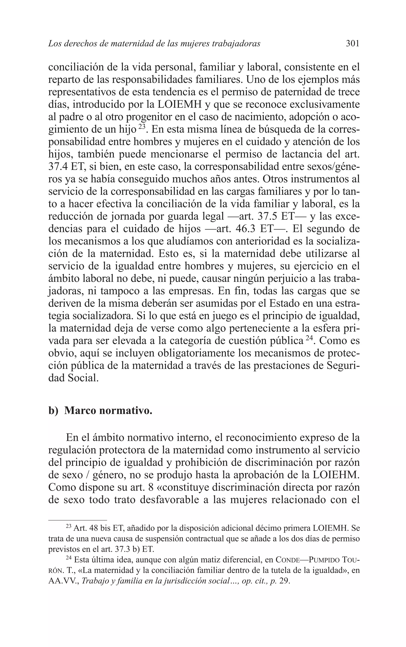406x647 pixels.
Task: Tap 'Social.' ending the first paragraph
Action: click(82, 378)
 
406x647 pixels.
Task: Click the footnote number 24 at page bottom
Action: click(68, 558)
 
